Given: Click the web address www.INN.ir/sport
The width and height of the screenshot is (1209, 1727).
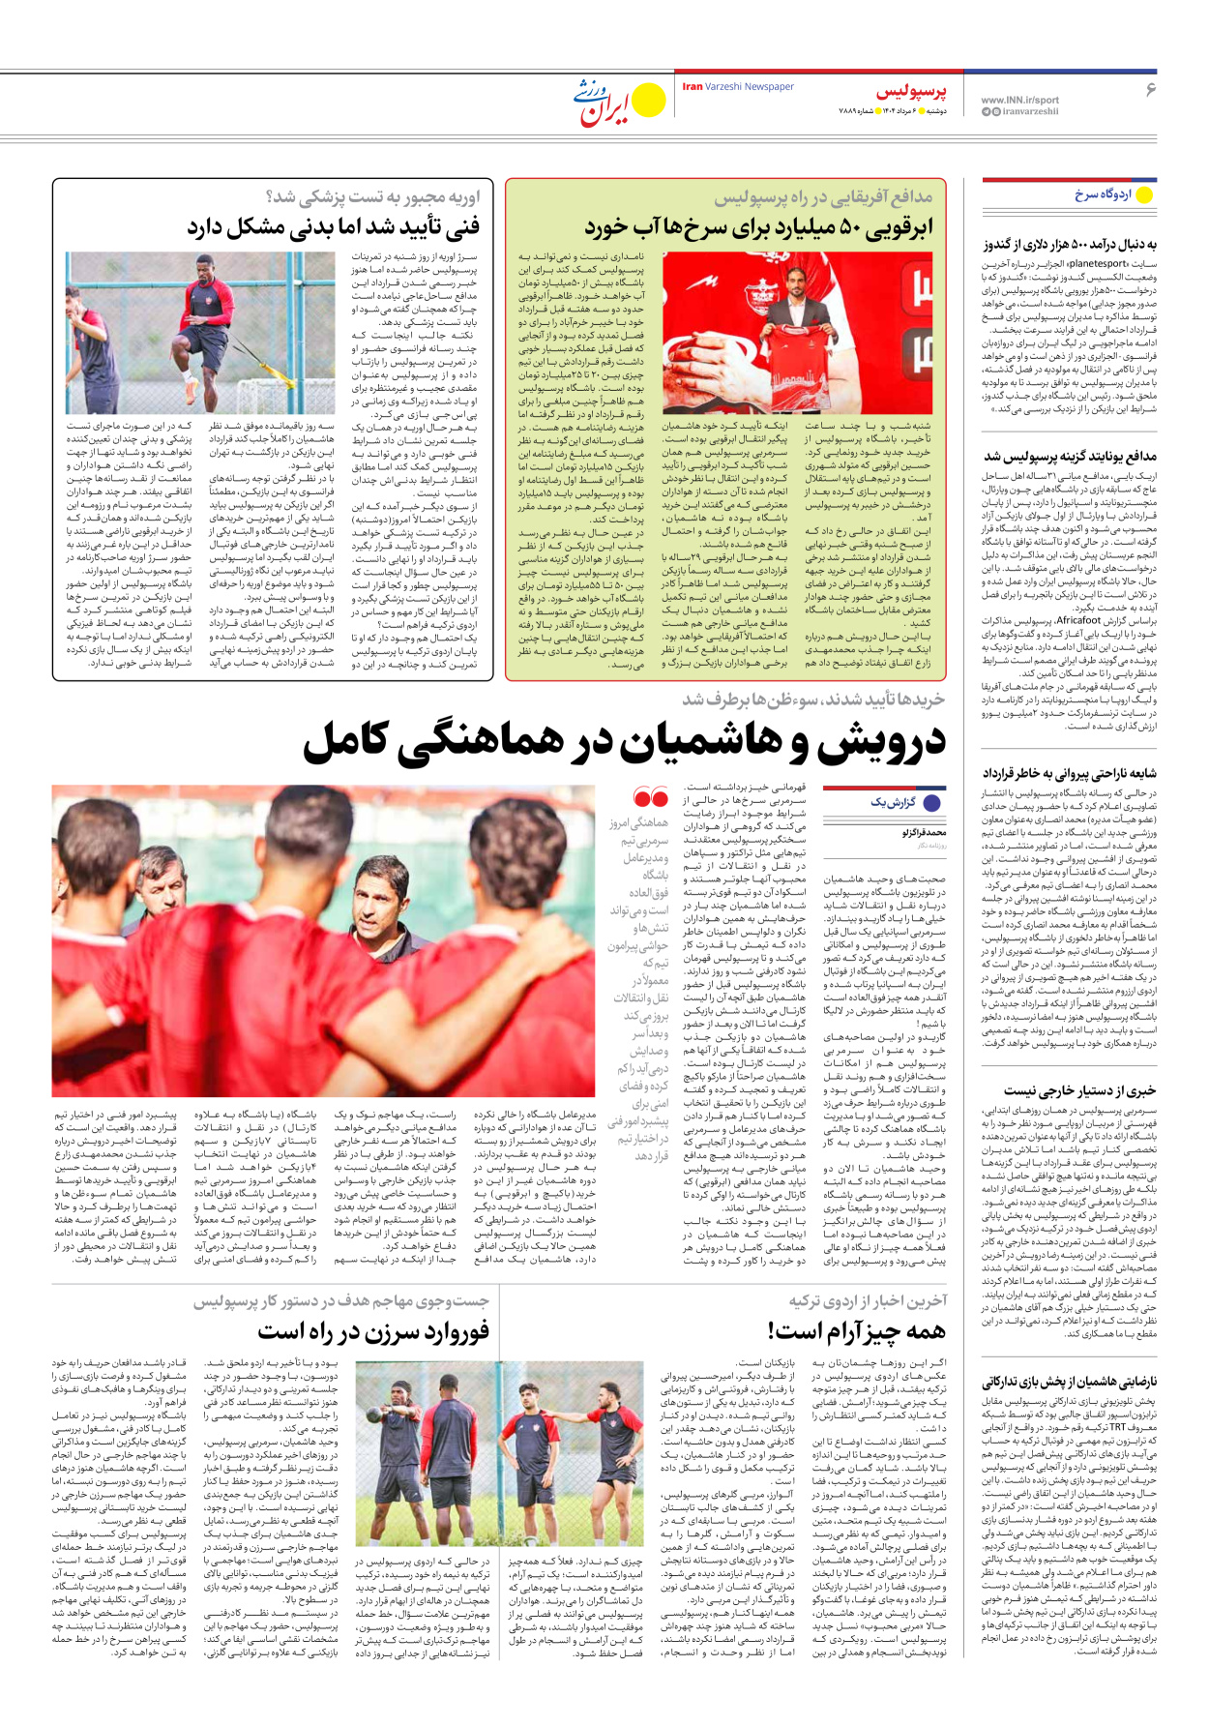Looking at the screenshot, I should tap(1019, 100).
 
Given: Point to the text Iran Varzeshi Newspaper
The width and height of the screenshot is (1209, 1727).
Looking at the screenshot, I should tap(738, 87).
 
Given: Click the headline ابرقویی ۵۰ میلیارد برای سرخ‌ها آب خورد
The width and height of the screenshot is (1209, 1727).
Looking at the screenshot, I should tap(759, 229).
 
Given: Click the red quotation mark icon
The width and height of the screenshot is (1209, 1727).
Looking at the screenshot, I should tap(650, 798).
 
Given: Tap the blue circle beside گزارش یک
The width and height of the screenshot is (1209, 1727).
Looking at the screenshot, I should tap(932, 803).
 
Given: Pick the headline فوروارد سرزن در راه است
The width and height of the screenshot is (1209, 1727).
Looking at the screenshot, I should tap(373, 1332).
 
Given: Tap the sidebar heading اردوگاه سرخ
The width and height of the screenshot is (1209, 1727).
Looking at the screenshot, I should tap(1103, 194).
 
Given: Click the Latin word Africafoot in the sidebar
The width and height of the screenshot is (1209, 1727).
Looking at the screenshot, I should tap(1079, 620).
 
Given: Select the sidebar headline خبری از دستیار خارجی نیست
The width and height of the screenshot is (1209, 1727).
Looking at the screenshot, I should tap(1079, 1090).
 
